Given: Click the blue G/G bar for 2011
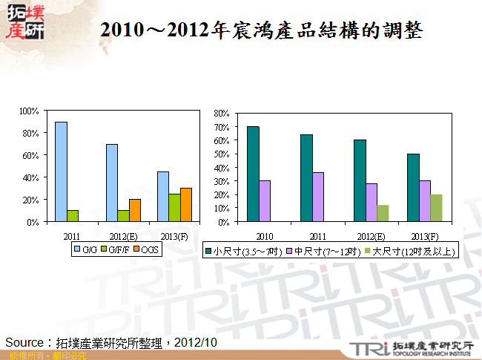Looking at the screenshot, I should (x=61, y=171).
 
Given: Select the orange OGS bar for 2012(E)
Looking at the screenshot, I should (x=135, y=210).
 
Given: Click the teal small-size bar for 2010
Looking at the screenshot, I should (x=253, y=174).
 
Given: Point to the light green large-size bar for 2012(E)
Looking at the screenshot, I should (x=383, y=213).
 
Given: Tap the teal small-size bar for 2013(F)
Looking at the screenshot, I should (x=413, y=188).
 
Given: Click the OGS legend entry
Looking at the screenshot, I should (x=147, y=251).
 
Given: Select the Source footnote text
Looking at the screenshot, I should (x=111, y=342).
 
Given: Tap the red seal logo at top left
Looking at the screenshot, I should (x=24, y=22).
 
